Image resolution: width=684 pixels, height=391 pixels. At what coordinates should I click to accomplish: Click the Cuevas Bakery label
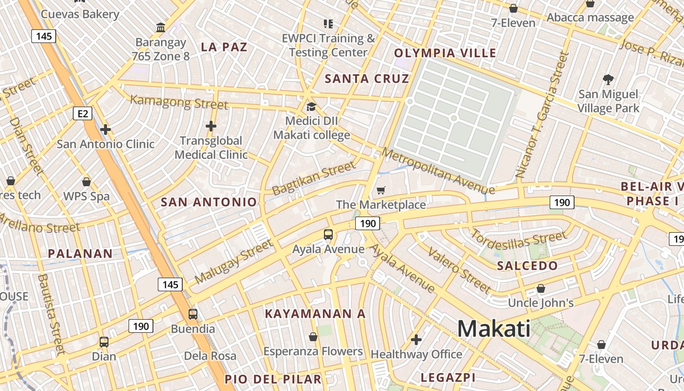point(80,14)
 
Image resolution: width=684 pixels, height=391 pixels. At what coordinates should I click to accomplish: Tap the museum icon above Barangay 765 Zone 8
point(160,27)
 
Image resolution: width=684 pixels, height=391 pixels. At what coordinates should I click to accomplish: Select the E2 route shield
point(83,114)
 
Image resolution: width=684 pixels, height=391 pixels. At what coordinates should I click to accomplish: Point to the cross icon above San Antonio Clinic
point(105,130)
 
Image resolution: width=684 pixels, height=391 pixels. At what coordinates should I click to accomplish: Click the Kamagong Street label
point(179,103)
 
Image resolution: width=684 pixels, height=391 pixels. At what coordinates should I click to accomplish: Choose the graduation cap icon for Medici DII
point(311,107)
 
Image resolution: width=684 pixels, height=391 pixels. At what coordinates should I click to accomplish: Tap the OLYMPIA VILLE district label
point(445,53)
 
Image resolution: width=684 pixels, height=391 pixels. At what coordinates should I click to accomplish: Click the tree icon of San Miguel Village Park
point(608,79)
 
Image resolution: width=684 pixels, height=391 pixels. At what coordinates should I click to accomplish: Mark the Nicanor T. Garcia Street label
point(543,115)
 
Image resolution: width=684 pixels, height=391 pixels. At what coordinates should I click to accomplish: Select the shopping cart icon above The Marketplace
point(381,191)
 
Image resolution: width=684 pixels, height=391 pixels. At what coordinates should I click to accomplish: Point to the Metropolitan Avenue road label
point(438,171)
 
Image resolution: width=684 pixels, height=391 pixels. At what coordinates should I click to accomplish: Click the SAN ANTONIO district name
point(209,202)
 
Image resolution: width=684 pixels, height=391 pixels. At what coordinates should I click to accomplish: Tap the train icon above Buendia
point(193,314)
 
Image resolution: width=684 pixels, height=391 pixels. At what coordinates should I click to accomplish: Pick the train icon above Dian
point(104,342)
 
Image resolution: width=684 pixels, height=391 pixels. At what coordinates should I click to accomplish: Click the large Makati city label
point(493,328)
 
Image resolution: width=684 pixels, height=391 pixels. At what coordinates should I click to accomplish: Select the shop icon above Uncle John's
point(541,288)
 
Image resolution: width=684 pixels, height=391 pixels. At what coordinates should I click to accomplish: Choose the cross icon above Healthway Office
point(416,339)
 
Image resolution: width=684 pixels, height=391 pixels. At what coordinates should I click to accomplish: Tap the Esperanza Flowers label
point(313,351)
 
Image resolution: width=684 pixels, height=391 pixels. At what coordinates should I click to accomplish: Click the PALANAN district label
point(80,254)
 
